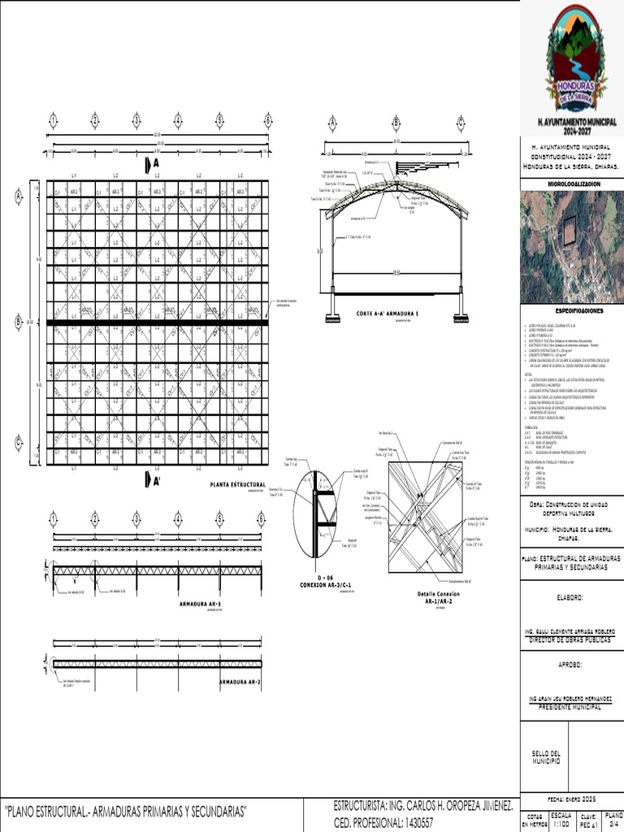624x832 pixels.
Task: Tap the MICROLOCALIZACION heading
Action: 571,184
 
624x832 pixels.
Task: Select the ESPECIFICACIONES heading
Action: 571,310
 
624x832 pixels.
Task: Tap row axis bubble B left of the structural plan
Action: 19,323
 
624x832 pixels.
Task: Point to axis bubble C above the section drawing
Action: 461,123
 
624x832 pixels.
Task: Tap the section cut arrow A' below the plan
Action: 151,481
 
